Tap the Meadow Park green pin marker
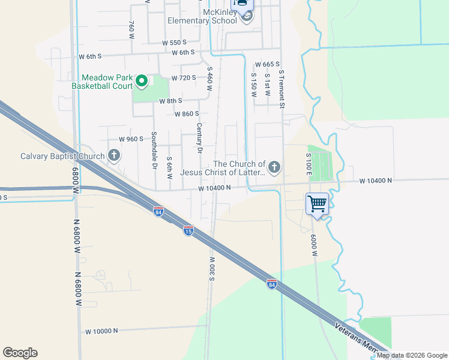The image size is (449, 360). pos(142,80)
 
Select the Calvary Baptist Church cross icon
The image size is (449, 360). pos(113,156)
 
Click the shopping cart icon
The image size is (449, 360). pos(316,203)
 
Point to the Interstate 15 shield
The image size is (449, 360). pos(188,230)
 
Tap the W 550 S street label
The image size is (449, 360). pos(175,43)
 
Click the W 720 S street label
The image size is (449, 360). pos(184,78)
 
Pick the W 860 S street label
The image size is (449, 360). pos(187,113)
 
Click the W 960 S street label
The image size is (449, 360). pos(131,139)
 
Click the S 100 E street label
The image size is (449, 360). pos(309,164)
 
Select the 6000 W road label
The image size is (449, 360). pos(314,245)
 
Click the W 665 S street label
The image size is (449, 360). pos(268,64)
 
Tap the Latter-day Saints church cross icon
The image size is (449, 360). pos(274,167)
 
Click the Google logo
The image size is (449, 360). pos(20,353)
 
